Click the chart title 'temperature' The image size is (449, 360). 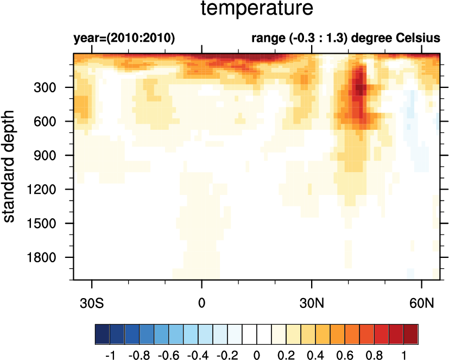(x=257, y=9)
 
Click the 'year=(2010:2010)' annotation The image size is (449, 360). (x=124, y=39)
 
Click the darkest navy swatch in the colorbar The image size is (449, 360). (x=102, y=332)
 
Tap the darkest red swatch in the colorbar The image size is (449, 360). (x=411, y=332)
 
